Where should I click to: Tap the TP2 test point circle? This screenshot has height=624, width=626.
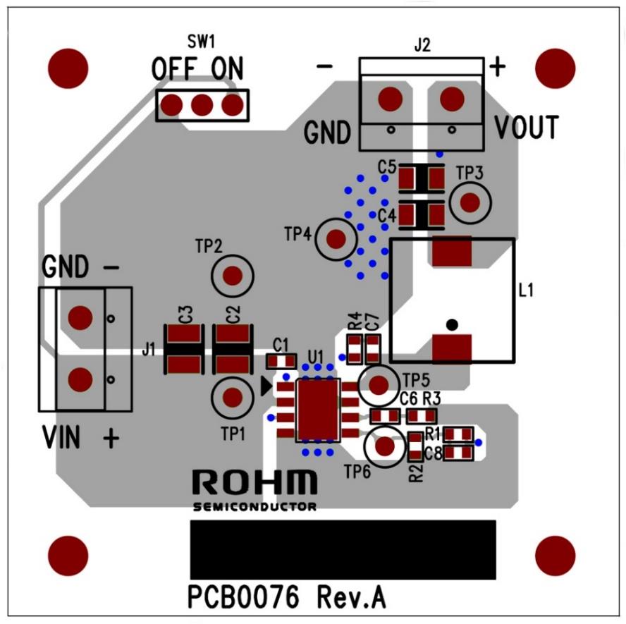[232, 276]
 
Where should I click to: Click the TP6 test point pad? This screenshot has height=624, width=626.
[384, 446]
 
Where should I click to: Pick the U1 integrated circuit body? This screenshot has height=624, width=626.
[318, 410]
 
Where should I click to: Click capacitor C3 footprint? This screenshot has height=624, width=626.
[184, 349]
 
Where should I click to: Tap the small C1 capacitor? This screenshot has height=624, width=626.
[281, 361]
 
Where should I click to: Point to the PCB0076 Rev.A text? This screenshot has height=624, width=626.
[286, 597]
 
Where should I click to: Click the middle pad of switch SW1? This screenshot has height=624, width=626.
[202, 106]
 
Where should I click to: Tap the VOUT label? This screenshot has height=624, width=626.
[526, 129]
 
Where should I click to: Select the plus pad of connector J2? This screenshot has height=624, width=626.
[452, 99]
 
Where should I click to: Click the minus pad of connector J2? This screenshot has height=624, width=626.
[390, 99]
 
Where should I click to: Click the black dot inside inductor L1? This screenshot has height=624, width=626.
[453, 324]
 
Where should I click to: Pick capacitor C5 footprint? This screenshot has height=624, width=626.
[421, 178]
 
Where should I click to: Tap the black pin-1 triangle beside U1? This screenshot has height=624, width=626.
[266, 386]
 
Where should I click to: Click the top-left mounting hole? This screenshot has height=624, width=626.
[68, 68]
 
